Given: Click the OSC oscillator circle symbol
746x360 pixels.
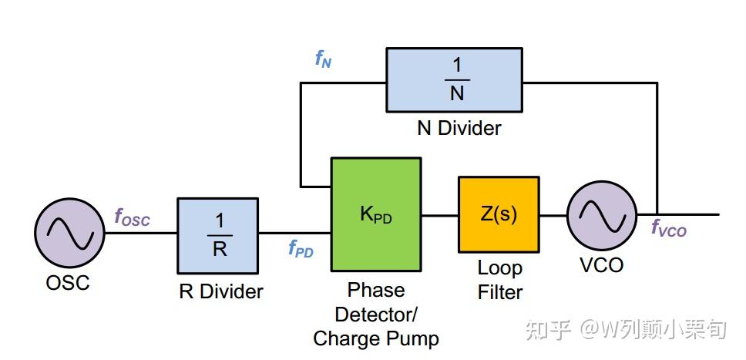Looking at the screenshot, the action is click(x=69, y=233).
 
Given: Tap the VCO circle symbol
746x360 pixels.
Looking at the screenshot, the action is click(x=602, y=215).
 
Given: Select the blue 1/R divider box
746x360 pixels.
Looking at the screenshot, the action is click(x=218, y=236).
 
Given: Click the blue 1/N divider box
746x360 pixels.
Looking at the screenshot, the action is click(x=455, y=79).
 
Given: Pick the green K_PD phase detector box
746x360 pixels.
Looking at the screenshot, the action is click(x=376, y=214).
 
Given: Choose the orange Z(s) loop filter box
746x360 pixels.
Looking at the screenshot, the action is click(x=499, y=214).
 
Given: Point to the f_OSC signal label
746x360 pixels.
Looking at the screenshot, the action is click(x=133, y=217).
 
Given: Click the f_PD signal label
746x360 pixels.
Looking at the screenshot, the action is click(x=301, y=248).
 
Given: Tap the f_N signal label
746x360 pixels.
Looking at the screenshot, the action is click(x=323, y=59).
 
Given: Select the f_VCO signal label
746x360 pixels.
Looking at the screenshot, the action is click(x=669, y=229).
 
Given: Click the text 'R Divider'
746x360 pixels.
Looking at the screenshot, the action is click(x=220, y=291).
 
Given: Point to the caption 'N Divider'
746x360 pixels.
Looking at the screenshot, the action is click(x=459, y=128).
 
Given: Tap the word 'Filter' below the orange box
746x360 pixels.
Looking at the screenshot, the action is click(x=500, y=292).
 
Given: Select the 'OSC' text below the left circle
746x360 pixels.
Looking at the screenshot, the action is click(x=68, y=283).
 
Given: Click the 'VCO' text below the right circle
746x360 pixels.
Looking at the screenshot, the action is click(x=601, y=265).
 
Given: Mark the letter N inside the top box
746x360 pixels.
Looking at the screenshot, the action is click(x=457, y=93).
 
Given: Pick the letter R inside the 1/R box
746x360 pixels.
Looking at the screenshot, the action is click(x=220, y=249).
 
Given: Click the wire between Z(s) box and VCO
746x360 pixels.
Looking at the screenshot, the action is click(x=553, y=215).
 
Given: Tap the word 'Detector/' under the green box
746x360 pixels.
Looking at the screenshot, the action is click(x=376, y=315).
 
